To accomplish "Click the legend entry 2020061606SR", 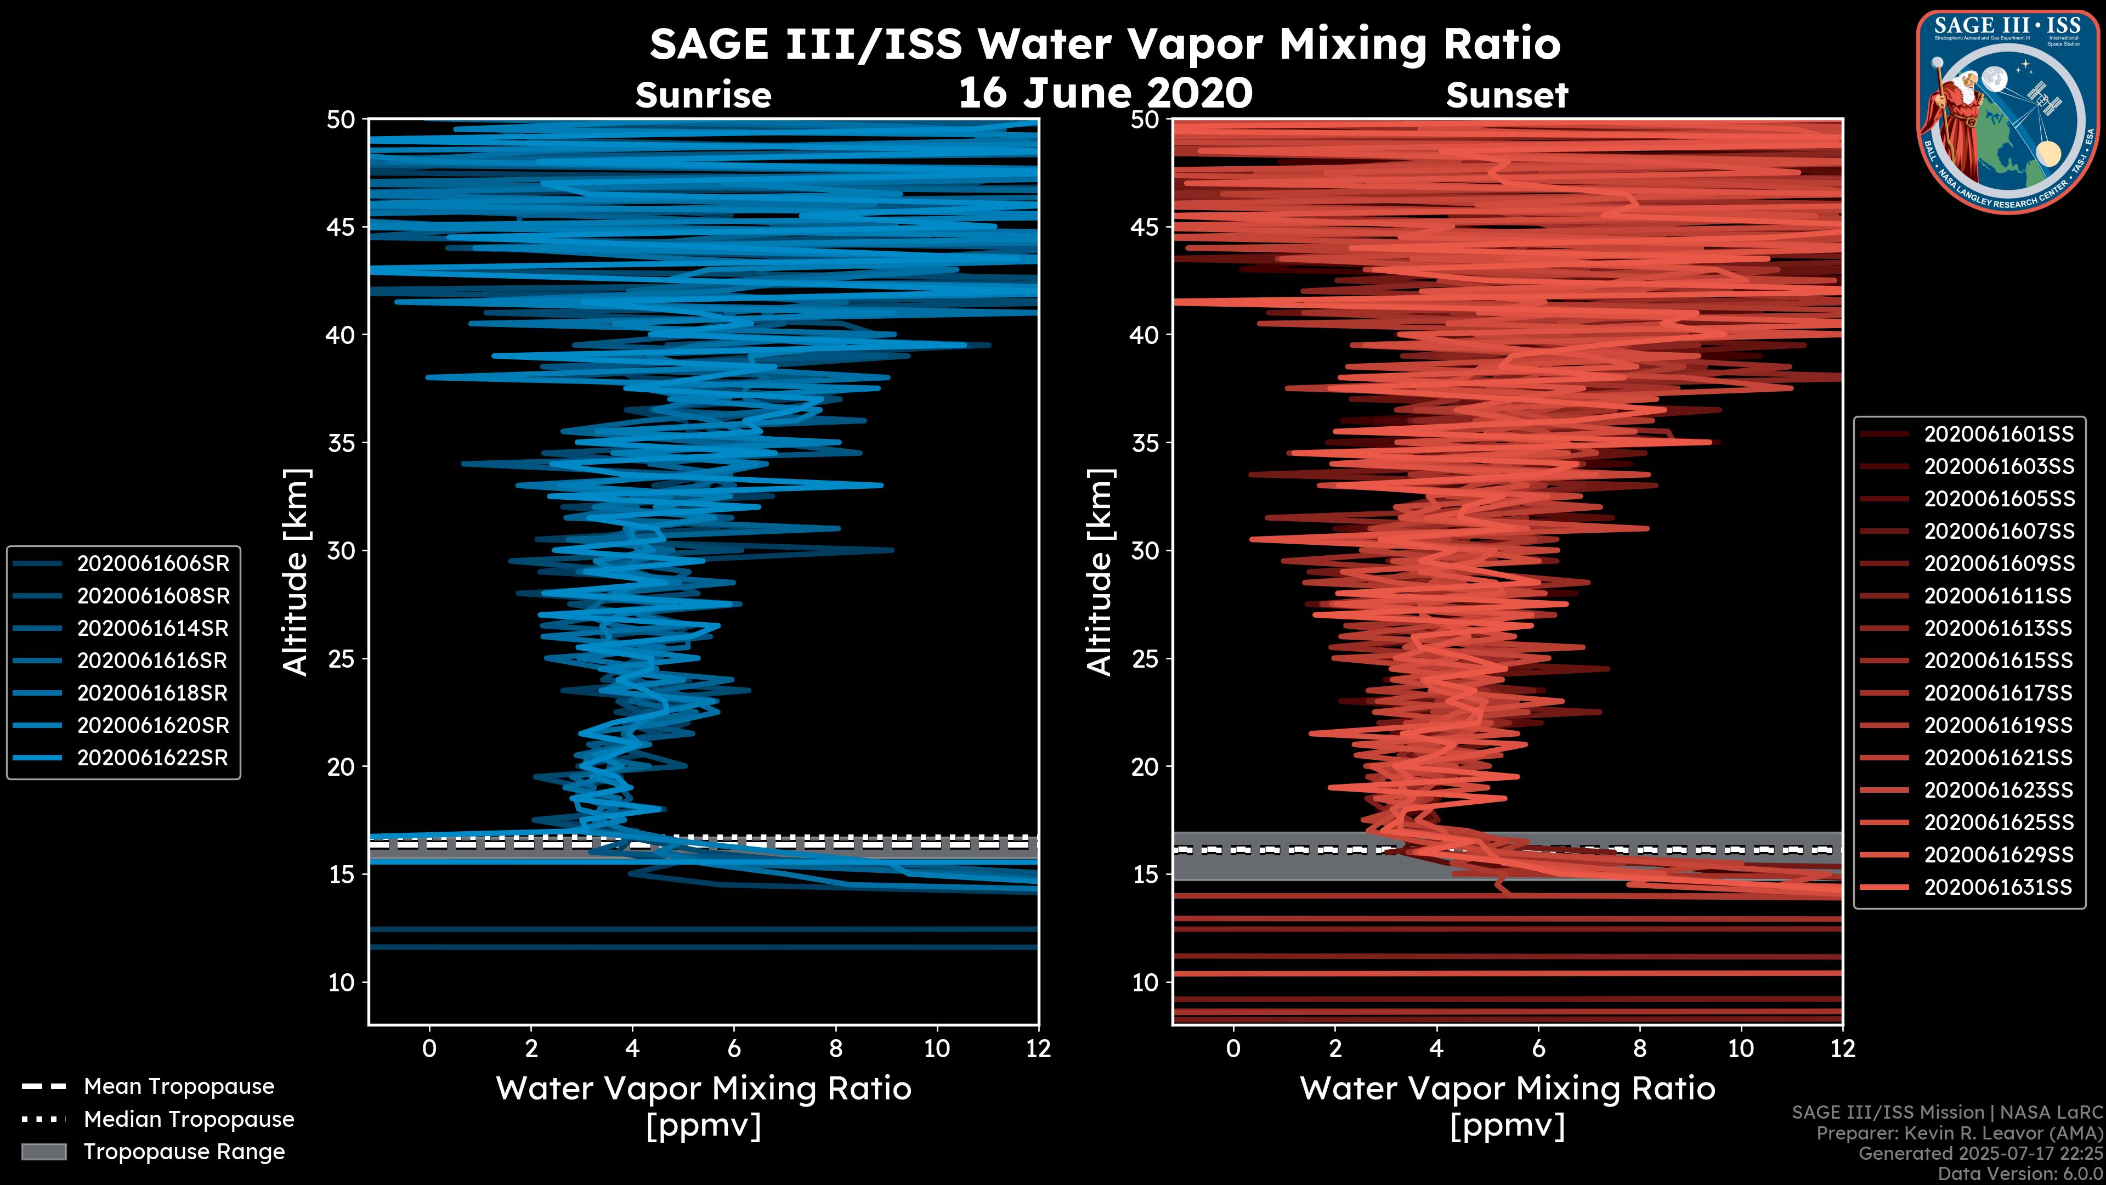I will point(153,563).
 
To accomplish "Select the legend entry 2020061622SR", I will point(153,758).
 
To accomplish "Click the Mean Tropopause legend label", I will point(179,1086).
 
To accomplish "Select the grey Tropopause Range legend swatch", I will point(44,1152).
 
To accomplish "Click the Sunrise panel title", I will point(703,95).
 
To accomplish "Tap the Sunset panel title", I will point(1507,95).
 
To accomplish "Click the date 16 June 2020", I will point(1105,92).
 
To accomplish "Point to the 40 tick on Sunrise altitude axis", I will point(341,335).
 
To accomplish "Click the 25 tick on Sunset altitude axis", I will point(1145,658).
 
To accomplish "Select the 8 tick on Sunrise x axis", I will point(835,1048).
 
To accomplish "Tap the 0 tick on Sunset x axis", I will point(1233,1048).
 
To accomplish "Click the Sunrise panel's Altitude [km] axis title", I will point(296,572).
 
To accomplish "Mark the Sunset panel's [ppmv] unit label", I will point(1507,1126).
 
